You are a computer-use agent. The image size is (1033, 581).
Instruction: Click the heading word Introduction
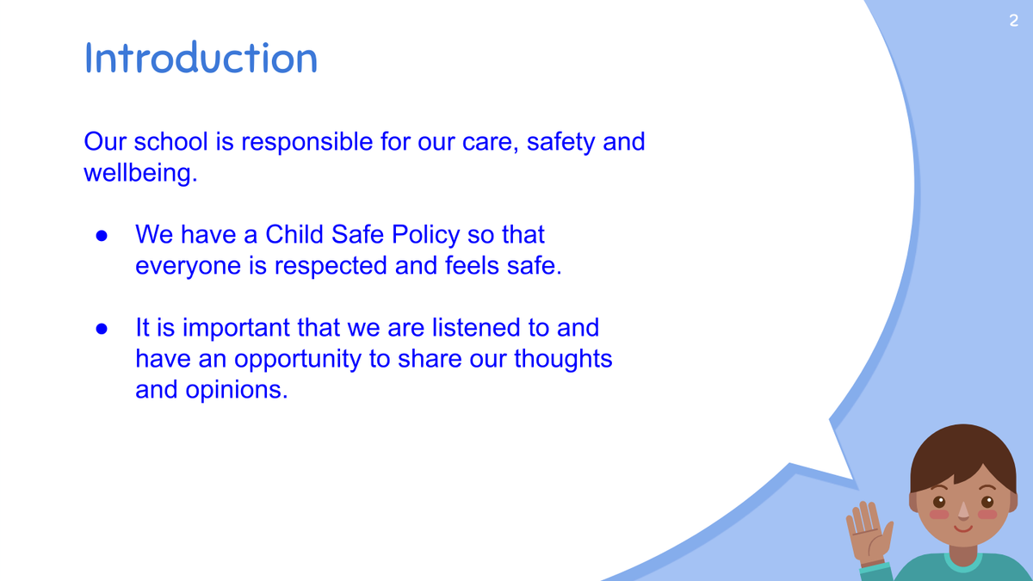(201, 58)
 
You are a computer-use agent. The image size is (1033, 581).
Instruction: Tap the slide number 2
(1014, 21)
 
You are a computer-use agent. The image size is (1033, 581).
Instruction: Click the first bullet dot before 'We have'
(102, 236)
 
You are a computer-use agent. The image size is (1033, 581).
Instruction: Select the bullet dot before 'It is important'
(102, 329)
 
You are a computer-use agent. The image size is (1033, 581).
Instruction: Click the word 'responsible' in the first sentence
(307, 141)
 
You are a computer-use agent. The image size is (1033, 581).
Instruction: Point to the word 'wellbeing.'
(140, 173)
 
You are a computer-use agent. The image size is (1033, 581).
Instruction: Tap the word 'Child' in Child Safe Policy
(294, 234)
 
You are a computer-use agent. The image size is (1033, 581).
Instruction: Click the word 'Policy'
(425, 235)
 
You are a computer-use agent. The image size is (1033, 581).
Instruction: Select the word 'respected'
(331, 266)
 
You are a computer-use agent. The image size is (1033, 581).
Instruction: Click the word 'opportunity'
(298, 359)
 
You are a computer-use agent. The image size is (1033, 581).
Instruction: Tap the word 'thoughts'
(563, 359)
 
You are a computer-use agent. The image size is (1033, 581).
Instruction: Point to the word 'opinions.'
(237, 391)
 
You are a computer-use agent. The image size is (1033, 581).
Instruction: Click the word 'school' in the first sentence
(171, 141)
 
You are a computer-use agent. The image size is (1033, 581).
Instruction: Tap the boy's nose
(963, 511)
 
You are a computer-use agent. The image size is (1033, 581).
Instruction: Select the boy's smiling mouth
(963, 528)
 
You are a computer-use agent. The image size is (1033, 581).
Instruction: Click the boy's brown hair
(962, 456)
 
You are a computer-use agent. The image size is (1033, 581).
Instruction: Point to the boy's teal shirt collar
(963, 564)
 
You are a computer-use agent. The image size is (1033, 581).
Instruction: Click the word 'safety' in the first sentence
(560, 142)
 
